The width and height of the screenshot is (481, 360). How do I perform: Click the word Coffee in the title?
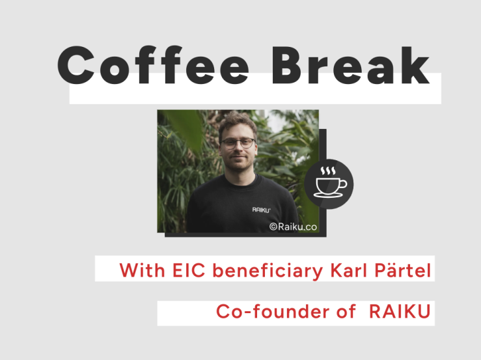click(x=153, y=65)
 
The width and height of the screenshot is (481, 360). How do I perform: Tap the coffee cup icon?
click(x=331, y=183)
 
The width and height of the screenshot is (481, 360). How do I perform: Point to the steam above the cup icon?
click(x=328, y=171)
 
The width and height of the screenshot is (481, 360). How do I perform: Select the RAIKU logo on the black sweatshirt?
click(x=261, y=210)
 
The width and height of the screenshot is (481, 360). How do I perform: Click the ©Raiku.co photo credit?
click(x=293, y=227)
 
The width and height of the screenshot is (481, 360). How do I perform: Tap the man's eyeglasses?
click(x=238, y=143)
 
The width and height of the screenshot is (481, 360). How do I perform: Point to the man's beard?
click(x=238, y=163)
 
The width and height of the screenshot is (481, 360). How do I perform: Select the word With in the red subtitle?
click(x=142, y=270)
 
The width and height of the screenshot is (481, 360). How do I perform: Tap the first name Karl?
click(x=348, y=270)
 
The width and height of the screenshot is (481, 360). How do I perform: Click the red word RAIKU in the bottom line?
click(x=400, y=312)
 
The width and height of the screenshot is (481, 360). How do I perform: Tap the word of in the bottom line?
click(x=346, y=311)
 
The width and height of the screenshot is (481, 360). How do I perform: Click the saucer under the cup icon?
click(x=329, y=195)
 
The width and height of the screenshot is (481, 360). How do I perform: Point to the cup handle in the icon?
click(x=343, y=184)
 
